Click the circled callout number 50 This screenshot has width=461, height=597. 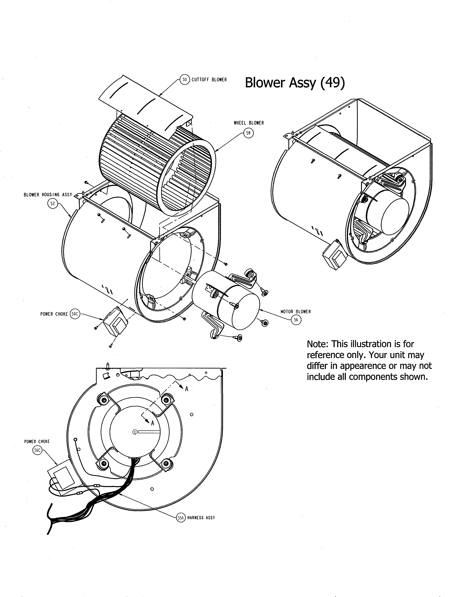pos(185,80)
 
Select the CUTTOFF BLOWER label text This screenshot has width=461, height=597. pos(209,80)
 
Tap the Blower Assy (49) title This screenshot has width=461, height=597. pos(295,82)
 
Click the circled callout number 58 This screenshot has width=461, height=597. pos(248,133)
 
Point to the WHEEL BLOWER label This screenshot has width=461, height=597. pos(249,123)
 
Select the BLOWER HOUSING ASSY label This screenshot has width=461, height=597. pos(48,195)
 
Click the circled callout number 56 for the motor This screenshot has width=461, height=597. pos(296,320)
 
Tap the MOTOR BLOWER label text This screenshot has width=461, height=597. pos(296,312)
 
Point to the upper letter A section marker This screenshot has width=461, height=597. pos(187,389)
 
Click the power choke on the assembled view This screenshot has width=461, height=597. pos(334,256)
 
